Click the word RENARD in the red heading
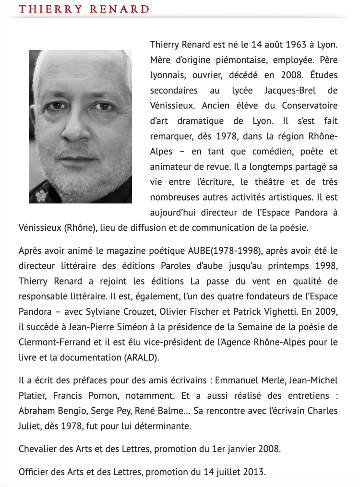120,9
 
